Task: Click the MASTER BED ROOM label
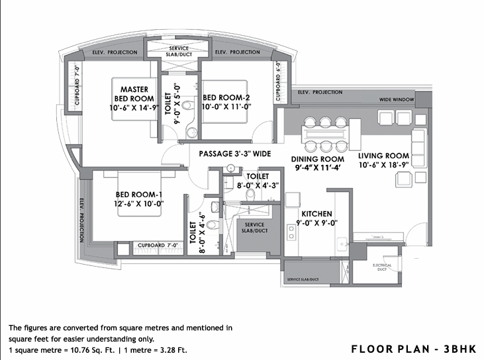(138, 94)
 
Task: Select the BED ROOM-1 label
(138, 194)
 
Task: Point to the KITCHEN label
(316, 214)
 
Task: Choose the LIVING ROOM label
(384, 156)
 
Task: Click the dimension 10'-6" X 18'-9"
(384, 167)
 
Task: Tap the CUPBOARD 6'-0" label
(279, 82)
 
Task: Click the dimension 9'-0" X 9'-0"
(316, 224)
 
